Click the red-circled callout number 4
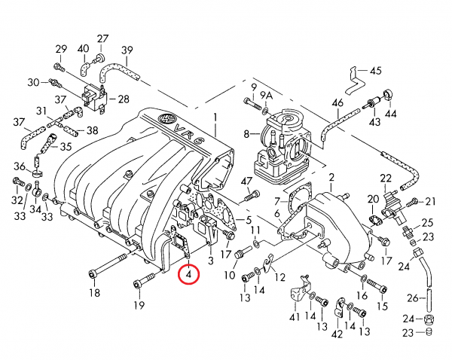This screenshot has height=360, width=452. (x=188, y=274)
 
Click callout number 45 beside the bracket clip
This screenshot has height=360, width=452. (x=375, y=71)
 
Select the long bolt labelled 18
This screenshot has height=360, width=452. (x=108, y=265)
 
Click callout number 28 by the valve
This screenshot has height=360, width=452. (x=124, y=99)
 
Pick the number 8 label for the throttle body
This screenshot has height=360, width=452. (x=246, y=134)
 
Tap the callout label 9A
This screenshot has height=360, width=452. (x=267, y=96)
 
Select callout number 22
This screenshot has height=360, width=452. (x=386, y=178)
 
